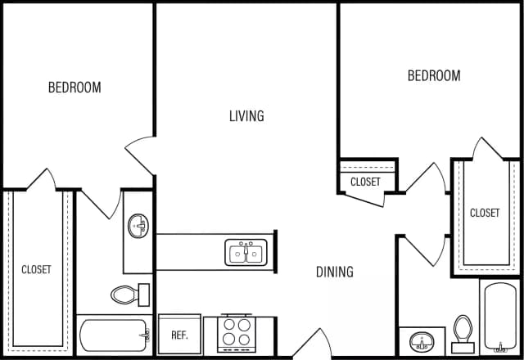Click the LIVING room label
(x=246, y=116)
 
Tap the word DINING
(x=335, y=272)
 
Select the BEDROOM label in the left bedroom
(x=75, y=88)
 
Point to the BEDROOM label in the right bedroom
(x=434, y=76)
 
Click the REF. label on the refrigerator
(x=180, y=335)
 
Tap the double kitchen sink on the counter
(x=246, y=253)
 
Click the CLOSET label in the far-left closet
(x=36, y=269)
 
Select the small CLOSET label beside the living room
(x=365, y=182)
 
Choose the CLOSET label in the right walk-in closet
(x=485, y=213)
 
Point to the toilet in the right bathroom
(x=463, y=327)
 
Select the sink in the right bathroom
(x=422, y=340)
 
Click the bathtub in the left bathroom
(x=115, y=335)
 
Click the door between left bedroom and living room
(x=140, y=155)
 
